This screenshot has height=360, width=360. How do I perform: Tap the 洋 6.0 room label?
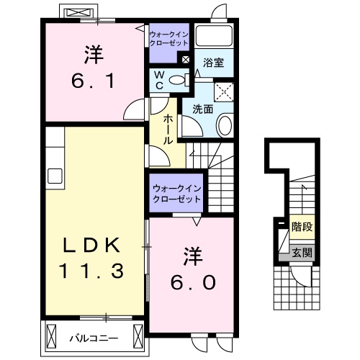coord(192,268)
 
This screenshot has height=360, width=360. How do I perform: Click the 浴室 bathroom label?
coord(212,63)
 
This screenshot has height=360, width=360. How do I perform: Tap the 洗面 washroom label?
coord(202,110)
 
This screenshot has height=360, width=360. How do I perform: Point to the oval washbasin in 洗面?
coord(224,127)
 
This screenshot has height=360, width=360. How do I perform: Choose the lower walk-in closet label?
coord(176,194)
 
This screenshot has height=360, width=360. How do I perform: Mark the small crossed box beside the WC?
coord(186,60)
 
